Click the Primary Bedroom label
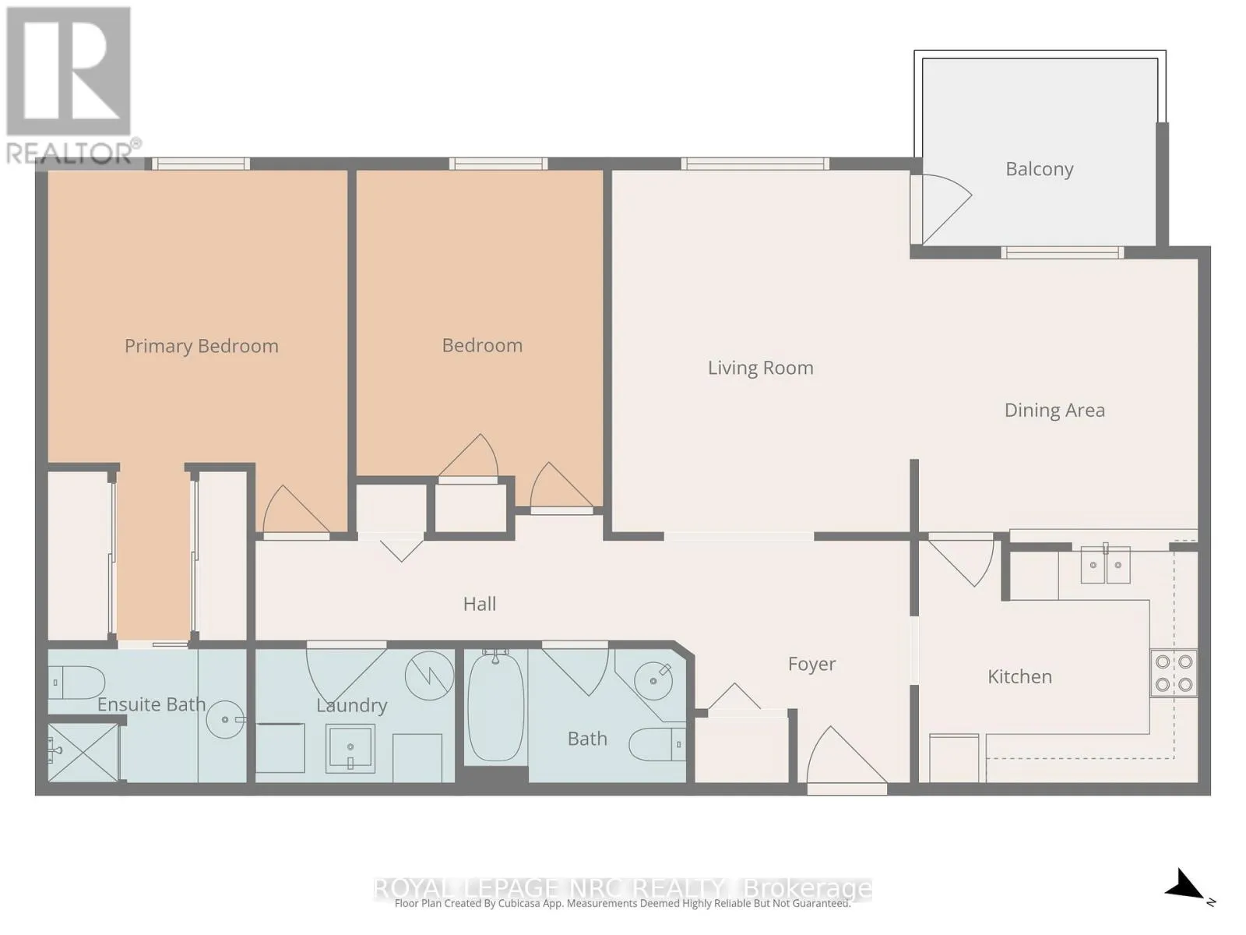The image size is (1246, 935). click(202, 346)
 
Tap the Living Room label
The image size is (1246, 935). click(761, 368)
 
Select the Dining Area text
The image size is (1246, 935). click(1054, 411)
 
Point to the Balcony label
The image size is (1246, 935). click(1040, 169)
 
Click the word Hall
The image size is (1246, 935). click(480, 604)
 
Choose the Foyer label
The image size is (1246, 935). click(811, 664)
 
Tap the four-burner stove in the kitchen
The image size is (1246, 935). click(1174, 673)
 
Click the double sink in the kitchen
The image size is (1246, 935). click(1105, 565)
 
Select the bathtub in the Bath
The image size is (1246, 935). click(495, 707)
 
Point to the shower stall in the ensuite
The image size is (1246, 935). click(84, 752)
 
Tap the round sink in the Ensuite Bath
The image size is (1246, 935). click(225, 719)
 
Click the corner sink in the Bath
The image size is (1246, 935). click(654, 680)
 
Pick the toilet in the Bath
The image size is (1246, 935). click(657, 743)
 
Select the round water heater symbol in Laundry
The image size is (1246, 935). click(430, 676)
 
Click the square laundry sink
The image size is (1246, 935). click(350, 748)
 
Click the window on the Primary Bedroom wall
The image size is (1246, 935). click(201, 164)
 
